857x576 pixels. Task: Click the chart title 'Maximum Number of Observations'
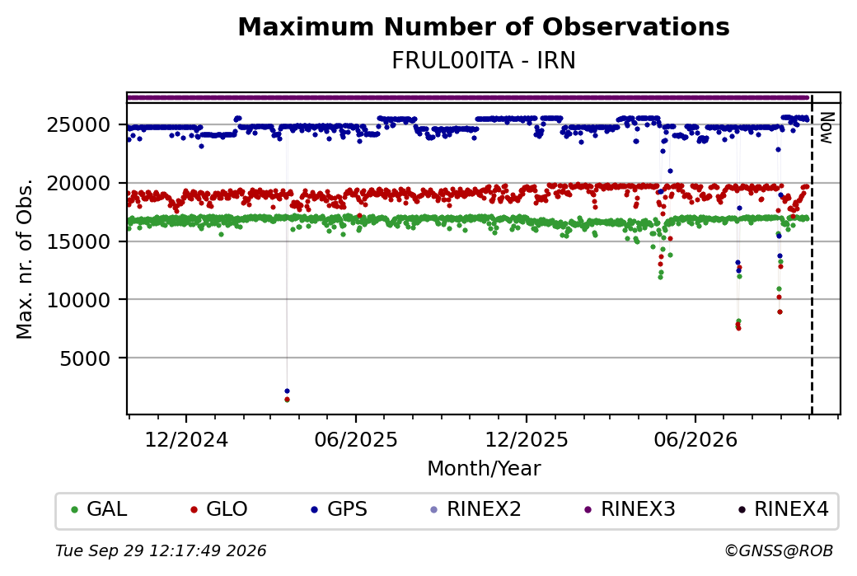[484, 26]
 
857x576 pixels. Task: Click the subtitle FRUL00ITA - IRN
[484, 61]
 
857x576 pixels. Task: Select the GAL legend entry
[100, 509]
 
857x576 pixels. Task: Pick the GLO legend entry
[219, 509]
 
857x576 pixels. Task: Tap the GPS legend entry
[340, 509]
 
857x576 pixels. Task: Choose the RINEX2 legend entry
[476, 509]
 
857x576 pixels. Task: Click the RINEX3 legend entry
[630, 509]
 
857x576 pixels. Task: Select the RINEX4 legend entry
[784, 509]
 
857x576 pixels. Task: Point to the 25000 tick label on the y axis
[79, 125]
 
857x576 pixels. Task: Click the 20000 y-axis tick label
[79, 184]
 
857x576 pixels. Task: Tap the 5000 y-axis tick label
[85, 358]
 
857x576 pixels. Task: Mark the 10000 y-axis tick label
[79, 300]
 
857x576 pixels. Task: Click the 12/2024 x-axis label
[186, 439]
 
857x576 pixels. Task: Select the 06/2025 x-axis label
[356, 439]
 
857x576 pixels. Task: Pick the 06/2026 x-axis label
[695, 439]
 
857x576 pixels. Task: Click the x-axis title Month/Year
[484, 468]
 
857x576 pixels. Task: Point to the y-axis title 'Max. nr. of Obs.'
[25, 259]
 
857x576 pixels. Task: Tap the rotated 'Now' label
[827, 129]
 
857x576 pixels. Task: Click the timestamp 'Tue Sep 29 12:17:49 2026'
[161, 550]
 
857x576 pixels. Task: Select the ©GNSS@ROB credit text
[779, 550]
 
